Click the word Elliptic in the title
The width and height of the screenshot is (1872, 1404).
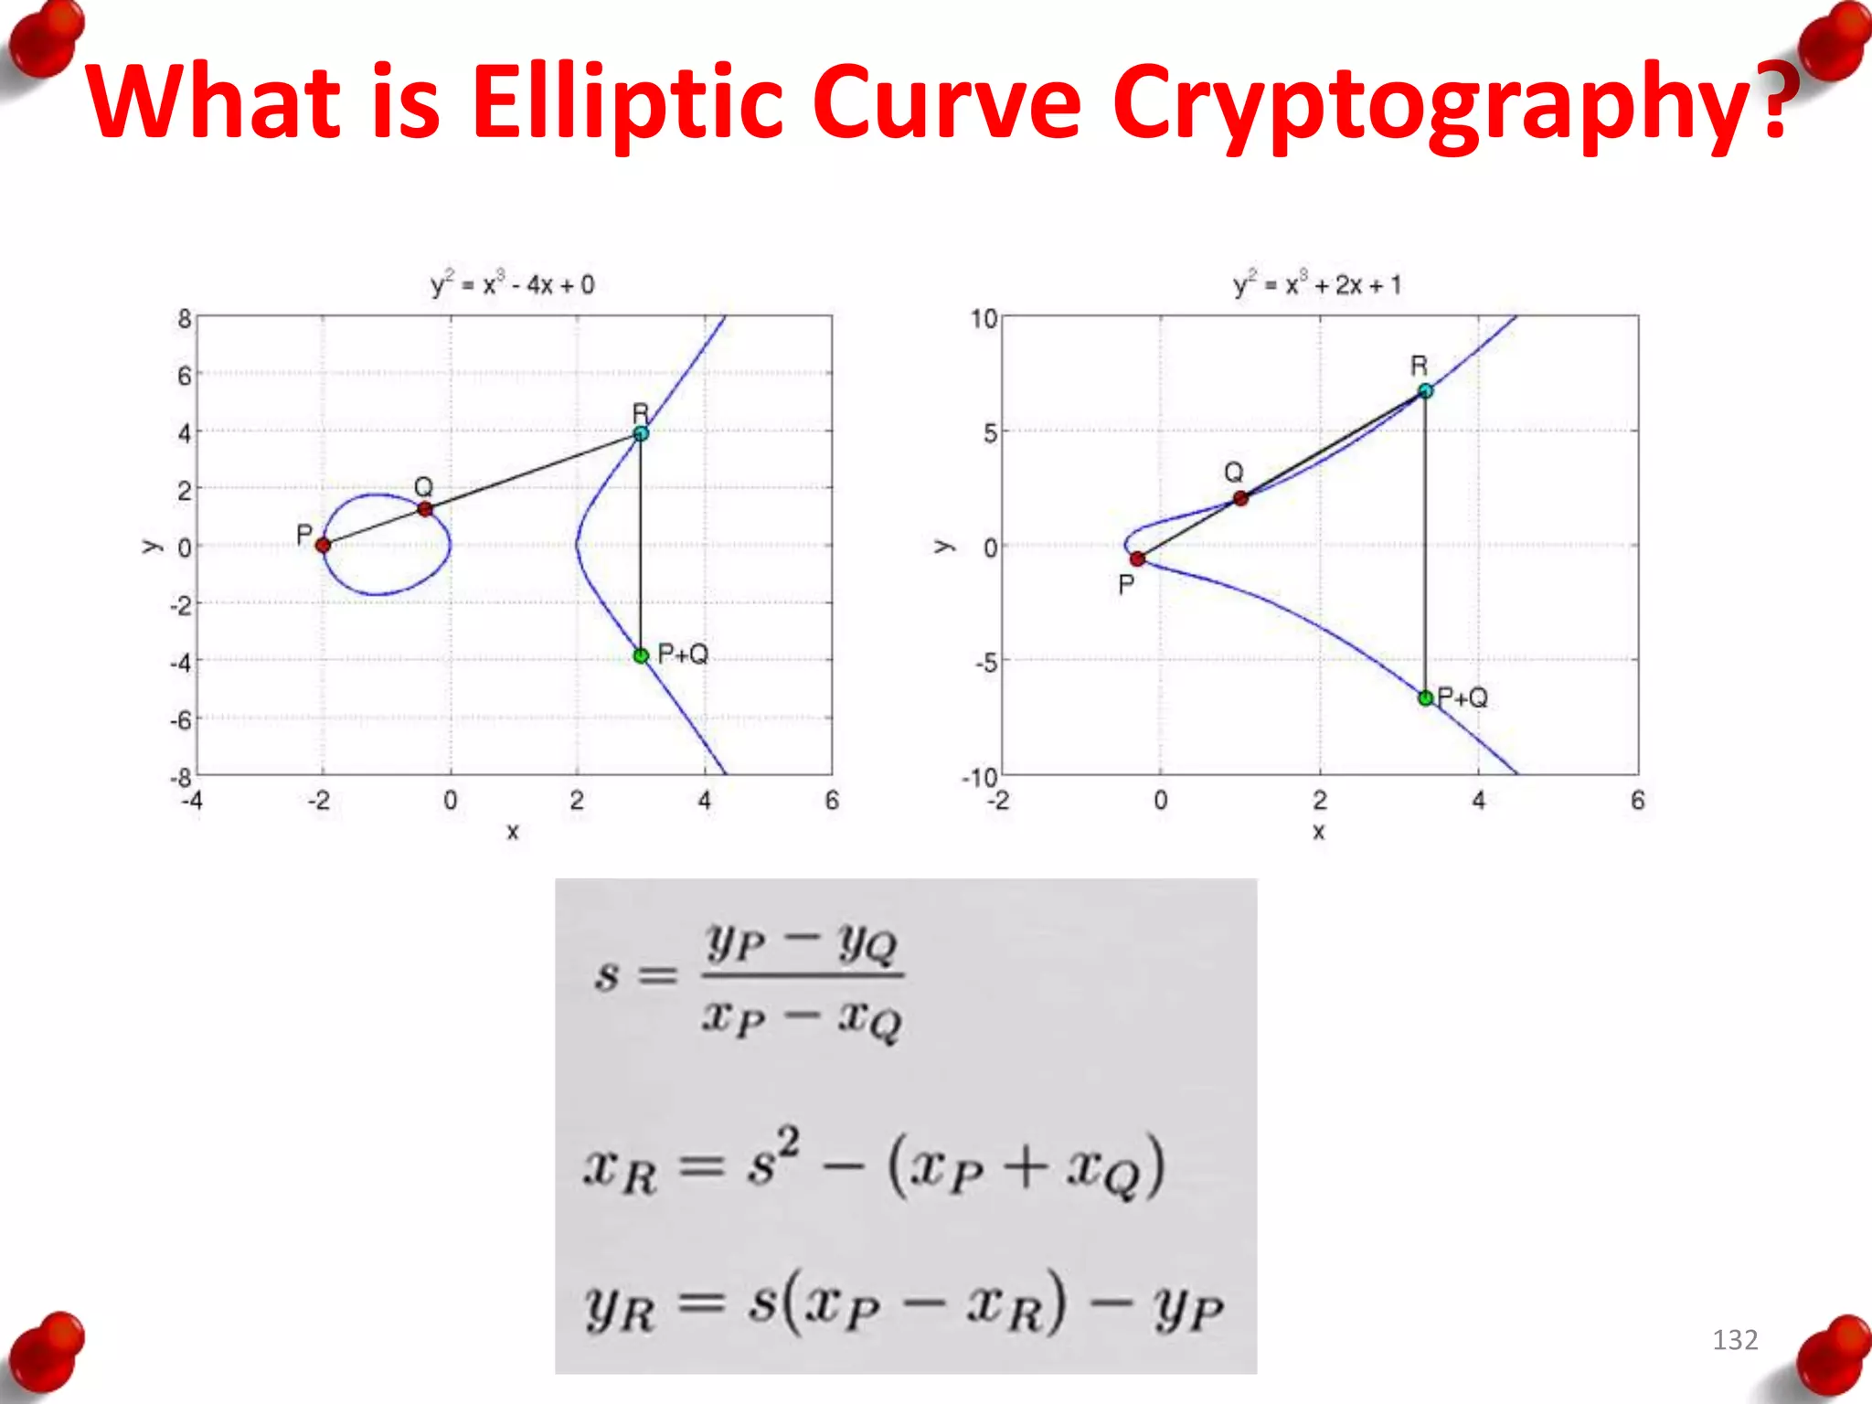click(x=627, y=102)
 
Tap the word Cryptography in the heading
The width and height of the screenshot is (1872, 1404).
click(x=1449, y=102)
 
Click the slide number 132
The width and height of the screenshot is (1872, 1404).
click(x=1734, y=1340)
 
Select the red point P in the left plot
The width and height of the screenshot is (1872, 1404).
click(x=323, y=546)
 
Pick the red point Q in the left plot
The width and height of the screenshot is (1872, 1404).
click(x=424, y=508)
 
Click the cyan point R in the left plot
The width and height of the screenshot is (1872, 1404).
click(x=641, y=433)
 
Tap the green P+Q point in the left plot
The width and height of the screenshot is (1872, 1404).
click(x=641, y=655)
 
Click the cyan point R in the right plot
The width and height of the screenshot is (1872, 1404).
click(x=1425, y=391)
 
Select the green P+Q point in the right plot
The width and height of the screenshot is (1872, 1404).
click(x=1425, y=698)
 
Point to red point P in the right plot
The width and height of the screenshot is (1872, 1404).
click(x=1137, y=558)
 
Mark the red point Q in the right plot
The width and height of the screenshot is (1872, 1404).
click(x=1240, y=498)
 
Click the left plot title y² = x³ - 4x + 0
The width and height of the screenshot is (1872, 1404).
click(x=512, y=285)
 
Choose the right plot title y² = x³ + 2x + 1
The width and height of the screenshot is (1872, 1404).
click(x=1316, y=285)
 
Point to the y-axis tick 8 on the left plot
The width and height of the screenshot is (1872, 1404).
click(x=184, y=319)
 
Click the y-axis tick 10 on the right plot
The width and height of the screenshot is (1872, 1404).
click(x=984, y=319)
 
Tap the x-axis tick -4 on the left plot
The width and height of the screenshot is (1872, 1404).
click(x=192, y=801)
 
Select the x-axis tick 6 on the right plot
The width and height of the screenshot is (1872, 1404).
click(x=1637, y=801)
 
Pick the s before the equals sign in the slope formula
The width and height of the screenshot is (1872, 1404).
click(x=607, y=976)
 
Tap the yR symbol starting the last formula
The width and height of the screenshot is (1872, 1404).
click(x=620, y=1309)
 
